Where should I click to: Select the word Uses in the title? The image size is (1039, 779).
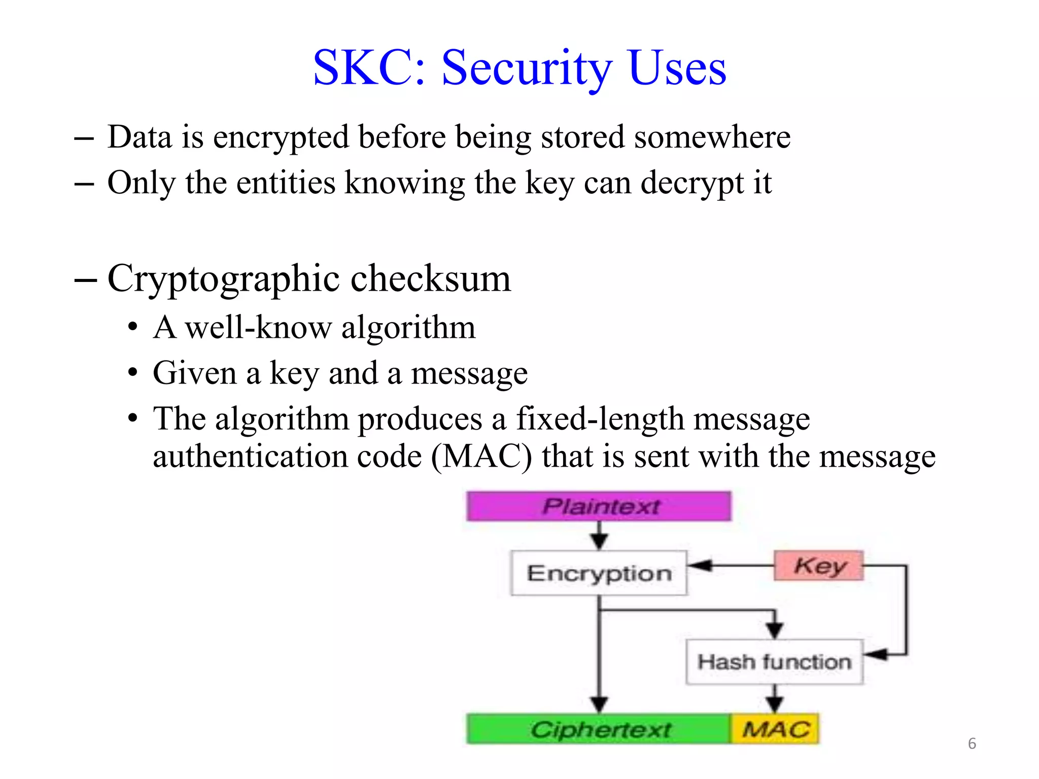677,68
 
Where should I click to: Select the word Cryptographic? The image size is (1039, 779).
223,279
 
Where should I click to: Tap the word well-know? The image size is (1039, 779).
258,328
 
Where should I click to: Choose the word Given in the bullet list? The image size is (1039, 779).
195,373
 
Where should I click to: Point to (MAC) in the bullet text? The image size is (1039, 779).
481,456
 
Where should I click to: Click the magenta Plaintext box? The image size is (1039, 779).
599,506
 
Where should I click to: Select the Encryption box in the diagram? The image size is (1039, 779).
599,573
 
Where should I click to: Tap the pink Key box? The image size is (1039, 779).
818,565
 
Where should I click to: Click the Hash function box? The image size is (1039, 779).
774,662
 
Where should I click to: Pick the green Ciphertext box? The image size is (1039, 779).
599,729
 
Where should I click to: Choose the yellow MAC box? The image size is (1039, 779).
775,729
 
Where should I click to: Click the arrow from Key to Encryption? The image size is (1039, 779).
731,565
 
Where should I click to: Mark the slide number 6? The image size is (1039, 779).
972,743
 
